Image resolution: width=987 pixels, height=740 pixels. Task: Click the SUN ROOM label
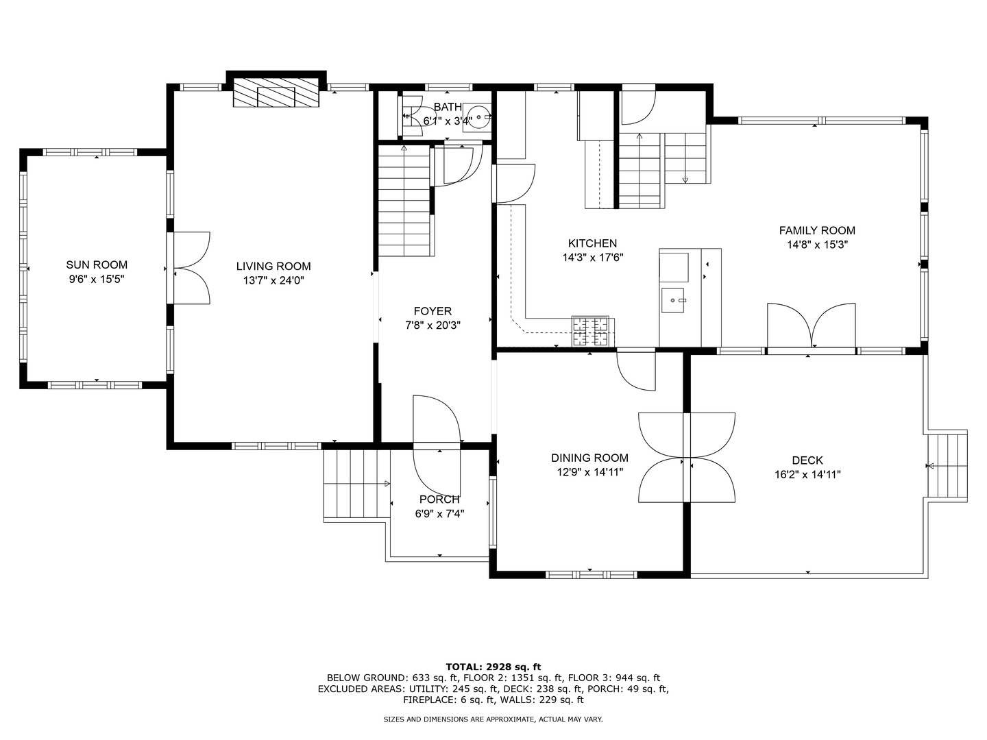(x=97, y=264)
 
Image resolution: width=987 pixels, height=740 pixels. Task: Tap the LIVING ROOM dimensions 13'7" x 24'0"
(x=273, y=280)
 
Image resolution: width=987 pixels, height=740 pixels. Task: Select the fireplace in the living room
(x=276, y=92)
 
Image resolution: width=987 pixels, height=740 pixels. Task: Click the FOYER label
(x=432, y=311)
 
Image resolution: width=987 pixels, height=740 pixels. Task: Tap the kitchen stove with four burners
(x=591, y=332)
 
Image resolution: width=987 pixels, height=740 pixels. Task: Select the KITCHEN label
(x=592, y=243)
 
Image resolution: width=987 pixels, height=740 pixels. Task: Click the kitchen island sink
(x=674, y=300)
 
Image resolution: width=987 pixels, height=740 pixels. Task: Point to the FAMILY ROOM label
(x=817, y=230)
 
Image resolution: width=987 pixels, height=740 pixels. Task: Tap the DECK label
(x=807, y=460)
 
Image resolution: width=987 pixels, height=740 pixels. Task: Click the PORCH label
(x=439, y=500)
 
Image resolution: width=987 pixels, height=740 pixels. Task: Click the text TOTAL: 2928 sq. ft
(x=493, y=666)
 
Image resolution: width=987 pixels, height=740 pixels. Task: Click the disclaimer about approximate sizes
(x=493, y=719)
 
